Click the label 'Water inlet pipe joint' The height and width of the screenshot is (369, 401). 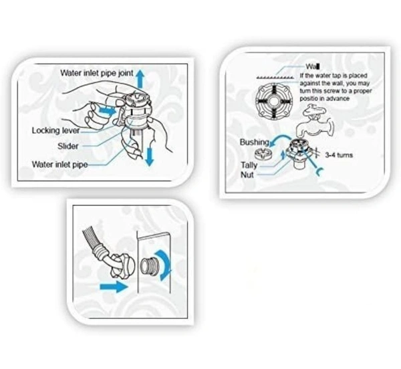(97, 73)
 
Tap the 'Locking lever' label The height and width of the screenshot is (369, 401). (55, 130)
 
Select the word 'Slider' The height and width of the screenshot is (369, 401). (68, 146)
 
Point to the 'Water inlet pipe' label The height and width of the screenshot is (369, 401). (59, 164)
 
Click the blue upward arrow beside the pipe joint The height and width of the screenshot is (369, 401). (140, 79)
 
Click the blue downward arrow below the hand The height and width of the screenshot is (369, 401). (149, 156)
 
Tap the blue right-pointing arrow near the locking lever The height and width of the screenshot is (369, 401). (107, 111)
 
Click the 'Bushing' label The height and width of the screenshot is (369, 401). (254, 142)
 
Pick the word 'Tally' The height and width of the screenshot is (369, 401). (249, 165)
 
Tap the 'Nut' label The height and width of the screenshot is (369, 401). (247, 175)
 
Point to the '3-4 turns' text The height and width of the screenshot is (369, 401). (339, 155)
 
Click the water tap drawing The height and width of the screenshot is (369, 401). (315, 121)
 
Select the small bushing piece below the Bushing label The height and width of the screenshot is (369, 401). (263, 154)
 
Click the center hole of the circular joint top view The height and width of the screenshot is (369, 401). (273, 101)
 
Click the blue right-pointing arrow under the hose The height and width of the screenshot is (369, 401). (114, 286)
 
